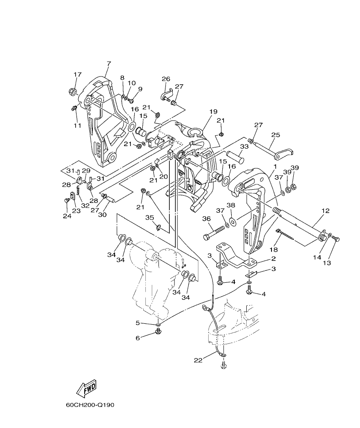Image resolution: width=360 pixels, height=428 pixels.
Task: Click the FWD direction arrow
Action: [x=86, y=388]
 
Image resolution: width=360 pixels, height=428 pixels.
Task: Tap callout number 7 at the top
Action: [x=109, y=64]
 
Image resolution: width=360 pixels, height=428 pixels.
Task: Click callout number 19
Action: [x=213, y=112]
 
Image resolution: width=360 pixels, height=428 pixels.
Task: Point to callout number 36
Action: [x=207, y=218]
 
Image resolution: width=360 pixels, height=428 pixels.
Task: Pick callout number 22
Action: [x=198, y=360]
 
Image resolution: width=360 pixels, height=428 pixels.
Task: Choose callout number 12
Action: [x=325, y=211]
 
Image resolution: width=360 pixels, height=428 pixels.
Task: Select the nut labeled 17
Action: [x=72, y=91]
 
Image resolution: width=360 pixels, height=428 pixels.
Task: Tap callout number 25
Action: [x=275, y=135]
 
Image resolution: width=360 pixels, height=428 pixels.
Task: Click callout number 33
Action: [x=244, y=146]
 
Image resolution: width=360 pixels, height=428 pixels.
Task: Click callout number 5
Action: [x=138, y=323]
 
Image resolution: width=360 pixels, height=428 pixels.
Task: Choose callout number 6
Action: [x=138, y=338]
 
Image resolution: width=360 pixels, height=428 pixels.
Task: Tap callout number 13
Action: [x=327, y=263]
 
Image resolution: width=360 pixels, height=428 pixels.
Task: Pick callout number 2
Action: [x=273, y=259]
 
